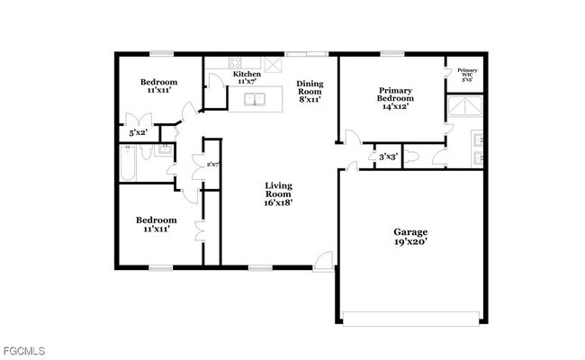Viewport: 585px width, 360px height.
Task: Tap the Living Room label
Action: [278, 194]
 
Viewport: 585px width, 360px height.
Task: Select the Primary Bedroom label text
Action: [395, 97]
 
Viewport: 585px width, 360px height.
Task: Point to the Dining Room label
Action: [310, 92]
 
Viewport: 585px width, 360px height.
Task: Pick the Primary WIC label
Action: [467, 74]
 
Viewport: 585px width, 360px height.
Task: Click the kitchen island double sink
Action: [256, 100]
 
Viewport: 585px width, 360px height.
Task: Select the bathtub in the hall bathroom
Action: [129, 166]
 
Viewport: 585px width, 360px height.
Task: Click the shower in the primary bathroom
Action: [466, 108]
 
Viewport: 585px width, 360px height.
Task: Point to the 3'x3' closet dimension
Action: [388, 157]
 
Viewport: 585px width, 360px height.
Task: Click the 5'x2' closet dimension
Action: [138, 134]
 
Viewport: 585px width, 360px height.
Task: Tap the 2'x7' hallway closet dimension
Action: [213, 165]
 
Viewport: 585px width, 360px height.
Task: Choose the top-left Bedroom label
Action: [156, 85]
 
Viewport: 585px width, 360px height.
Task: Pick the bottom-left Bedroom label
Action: [156, 224]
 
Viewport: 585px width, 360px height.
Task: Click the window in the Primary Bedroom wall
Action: [391, 53]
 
